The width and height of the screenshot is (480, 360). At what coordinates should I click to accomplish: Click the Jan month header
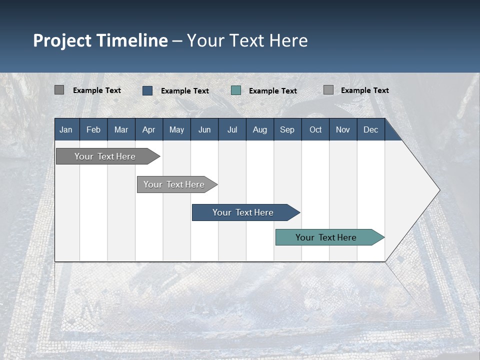(x=66, y=129)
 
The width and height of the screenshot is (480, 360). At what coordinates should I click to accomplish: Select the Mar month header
(x=121, y=129)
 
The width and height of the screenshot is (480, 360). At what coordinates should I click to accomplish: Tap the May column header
(x=176, y=129)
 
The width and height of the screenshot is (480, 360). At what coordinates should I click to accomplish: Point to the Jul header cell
(x=232, y=129)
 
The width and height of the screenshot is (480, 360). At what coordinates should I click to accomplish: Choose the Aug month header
(x=259, y=129)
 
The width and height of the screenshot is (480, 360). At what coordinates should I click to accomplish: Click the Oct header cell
(x=315, y=129)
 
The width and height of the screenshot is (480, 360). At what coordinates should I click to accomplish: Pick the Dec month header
(x=370, y=129)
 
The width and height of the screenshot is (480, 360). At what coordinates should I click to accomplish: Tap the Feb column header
(x=93, y=129)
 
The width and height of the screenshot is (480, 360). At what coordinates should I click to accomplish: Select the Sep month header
(x=287, y=129)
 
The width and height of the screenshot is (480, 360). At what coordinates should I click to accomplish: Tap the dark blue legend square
(x=147, y=90)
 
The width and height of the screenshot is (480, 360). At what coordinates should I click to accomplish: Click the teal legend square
(x=236, y=90)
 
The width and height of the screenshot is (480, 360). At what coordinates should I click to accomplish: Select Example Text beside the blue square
(x=185, y=91)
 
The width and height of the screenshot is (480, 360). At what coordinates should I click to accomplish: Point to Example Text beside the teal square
(x=273, y=91)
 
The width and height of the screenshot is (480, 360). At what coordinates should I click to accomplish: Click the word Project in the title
(x=63, y=40)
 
